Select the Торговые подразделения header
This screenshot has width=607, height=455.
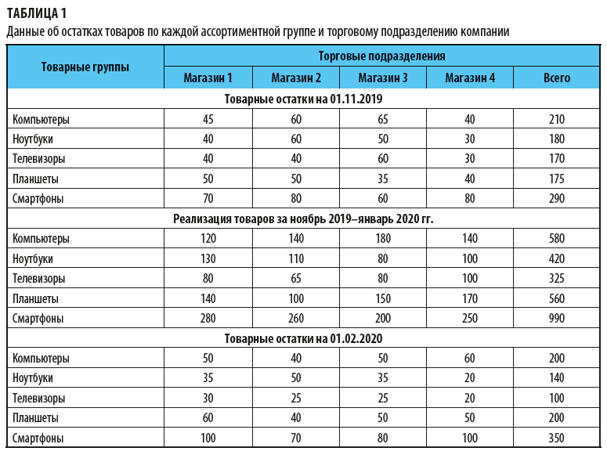click(x=382, y=56)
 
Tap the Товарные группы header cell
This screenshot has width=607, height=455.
click(x=85, y=67)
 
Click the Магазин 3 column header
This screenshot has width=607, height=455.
click(x=383, y=78)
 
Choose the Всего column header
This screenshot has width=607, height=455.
click(x=557, y=78)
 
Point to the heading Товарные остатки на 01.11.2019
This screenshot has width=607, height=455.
click(x=303, y=99)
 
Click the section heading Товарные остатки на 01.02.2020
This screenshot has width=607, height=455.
click(x=303, y=338)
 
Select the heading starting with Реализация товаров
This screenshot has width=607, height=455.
click(x=303, y=218)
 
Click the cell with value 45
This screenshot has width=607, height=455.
click(x=208, y=120)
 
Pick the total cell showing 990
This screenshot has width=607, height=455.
click(x=557, y=319)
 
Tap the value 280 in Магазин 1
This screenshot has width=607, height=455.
click(x=208, y=319)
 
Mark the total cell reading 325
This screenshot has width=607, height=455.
click(x=557, y=279)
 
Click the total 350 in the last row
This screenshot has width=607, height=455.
click(x=557, y=438)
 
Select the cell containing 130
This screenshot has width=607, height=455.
click(x=208, y=258)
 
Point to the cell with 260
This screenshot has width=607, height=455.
click(x=295, y=319)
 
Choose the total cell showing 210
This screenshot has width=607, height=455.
click(x=557, y=120)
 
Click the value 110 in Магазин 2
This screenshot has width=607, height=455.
click(x=295, y=258)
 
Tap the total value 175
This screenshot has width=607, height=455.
click(x=557, y=179)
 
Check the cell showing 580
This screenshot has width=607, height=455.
click(x=557, y=239)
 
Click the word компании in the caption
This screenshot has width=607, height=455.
click(x=485, y=32)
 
